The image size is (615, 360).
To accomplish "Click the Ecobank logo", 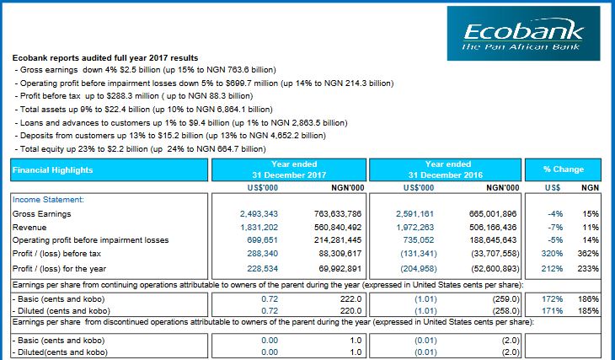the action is point(523,34).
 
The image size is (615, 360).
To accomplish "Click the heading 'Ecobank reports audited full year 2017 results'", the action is point(105,57).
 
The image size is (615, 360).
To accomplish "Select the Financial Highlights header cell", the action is point(109,169).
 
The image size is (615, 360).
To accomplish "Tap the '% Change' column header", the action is point(563,169).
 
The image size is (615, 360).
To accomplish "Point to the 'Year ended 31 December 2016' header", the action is point(445,169).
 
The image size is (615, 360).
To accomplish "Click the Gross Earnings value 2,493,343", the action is point(259,214).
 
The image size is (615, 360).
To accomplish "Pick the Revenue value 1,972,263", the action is point(415,228).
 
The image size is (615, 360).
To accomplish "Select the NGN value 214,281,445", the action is point(338,240).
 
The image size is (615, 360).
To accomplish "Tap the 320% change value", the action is point(552,254).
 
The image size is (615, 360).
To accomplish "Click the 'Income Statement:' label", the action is point(48,200).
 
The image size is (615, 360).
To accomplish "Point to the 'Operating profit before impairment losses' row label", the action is point(91,240).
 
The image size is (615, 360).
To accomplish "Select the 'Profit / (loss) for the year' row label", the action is point(59,269).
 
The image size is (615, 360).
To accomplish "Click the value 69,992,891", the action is point(340,269).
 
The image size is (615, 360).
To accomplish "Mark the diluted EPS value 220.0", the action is point(351,311).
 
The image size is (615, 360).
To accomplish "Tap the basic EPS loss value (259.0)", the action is point(506,299).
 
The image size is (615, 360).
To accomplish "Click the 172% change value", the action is point(553,299).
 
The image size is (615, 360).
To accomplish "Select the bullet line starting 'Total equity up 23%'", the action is point(141,149).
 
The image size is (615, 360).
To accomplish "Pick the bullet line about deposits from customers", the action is point(170,136).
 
